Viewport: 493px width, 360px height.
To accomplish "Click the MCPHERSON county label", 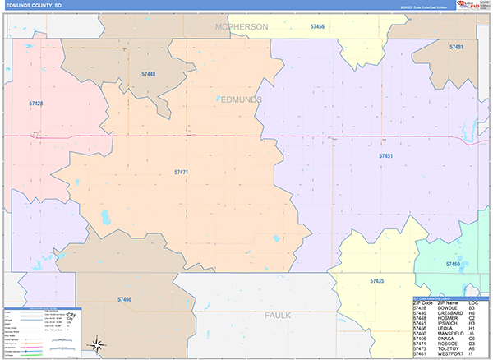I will (x=242, y=27).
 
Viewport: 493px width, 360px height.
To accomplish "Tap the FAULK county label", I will (x=279, y=315).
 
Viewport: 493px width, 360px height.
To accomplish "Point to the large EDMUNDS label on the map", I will (x=242, y=99).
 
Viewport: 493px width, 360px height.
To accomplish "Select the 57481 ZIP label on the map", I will (x=456, y=47).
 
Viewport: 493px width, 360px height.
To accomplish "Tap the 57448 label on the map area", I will (x=148, y=74).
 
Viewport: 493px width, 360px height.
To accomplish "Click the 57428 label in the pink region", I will (x=35, y=104).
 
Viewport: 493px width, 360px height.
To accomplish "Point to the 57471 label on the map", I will (x=182, y=172).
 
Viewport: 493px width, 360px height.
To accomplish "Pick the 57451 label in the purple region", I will (x=386, y=155).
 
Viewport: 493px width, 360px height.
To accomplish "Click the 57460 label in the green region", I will (x=453, y=264).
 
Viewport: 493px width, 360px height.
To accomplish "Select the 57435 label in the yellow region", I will (x=376, y=281).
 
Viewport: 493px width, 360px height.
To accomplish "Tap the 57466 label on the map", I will (x=125, y=299).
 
